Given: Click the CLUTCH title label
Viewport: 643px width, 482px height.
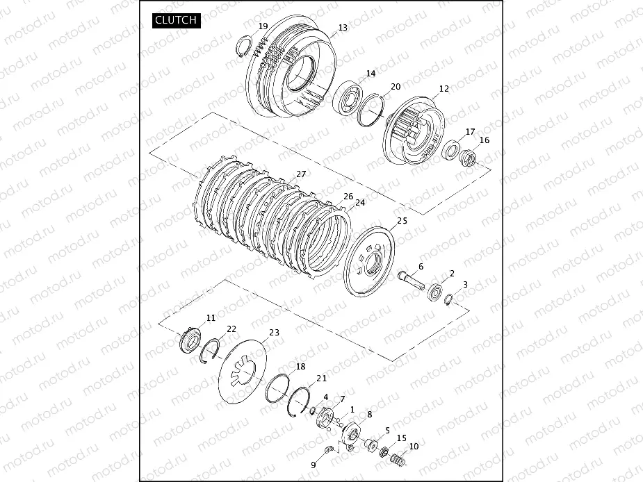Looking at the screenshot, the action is click(176, 20).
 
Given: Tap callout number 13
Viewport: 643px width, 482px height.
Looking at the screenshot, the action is click(343, 28).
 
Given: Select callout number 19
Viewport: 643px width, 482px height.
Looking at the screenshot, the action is click(263, 26).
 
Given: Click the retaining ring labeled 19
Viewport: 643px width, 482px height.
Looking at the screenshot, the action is click(243, 46).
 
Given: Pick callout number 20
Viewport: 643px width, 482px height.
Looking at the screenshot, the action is click(396, 87).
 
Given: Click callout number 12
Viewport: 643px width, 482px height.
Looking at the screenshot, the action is click(443, 88).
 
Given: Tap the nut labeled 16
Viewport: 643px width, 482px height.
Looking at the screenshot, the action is click(467, 158).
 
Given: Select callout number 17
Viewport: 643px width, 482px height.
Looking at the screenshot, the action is click(470, 131).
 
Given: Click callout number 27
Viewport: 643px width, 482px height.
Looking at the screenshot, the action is click(301, 174).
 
